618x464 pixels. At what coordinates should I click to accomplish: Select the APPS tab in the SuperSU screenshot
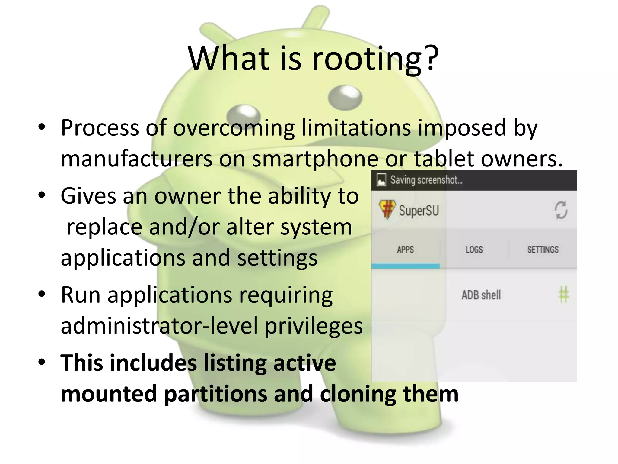click(x=405, y=250)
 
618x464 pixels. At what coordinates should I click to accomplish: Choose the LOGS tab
click(x=474, y=250)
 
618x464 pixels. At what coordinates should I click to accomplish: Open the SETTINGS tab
click(x=543, y=250)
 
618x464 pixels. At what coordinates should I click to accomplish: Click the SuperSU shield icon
click(x=387, y=209)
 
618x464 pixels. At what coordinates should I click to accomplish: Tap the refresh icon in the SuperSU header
click(x=561, y=210)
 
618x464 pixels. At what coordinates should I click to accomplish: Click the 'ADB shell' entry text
click(x=481, y=295)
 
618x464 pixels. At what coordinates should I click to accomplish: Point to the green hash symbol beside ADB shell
click(x=563, y=295)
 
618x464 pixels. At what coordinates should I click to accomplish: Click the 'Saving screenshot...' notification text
click(x=426, y=180)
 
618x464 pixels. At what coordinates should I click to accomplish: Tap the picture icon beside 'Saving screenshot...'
click(x=381, y=180)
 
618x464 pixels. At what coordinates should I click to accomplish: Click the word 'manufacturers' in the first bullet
click(x=136, y=159)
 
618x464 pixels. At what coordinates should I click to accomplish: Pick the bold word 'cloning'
click(x=358, y=394)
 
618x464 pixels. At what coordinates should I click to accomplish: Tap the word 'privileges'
click(x=314, y=326)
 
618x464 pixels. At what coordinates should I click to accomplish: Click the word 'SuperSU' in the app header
click(x=419, y=210)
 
